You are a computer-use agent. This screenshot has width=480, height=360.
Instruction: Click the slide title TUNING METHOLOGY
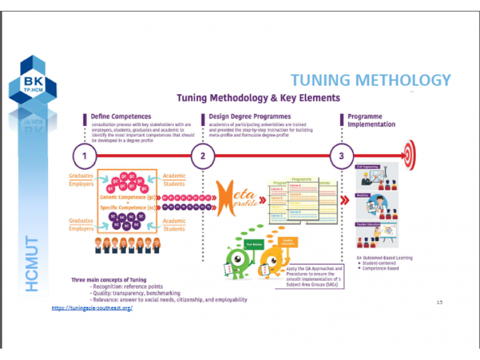click(370, 80)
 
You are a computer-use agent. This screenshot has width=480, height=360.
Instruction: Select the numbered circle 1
click(85, 157)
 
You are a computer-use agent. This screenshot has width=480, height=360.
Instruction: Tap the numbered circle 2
click(203, 157)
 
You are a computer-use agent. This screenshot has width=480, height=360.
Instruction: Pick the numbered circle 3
click(341, 157)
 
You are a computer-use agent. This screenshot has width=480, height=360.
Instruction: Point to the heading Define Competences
click(121, 116)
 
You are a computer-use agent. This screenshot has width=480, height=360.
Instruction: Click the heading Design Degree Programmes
click(250, 116)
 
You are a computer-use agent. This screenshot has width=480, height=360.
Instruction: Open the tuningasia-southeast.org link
click(92, 308)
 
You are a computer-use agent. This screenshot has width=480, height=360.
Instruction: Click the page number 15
click(439, 302)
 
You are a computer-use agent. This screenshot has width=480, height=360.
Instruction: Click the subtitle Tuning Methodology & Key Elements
click(258, 98)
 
